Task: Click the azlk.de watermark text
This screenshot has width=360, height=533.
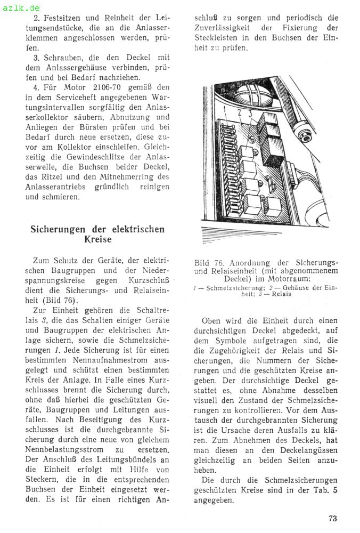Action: pyautogui.click(x=21, y=7)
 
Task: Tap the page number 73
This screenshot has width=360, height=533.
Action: pyautogui.click(x=333, y=518)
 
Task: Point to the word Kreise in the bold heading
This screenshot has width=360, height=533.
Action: pyautogui.click(x=98, y=240)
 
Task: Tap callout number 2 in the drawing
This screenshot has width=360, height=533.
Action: pyautogui.click(x=240, y=113)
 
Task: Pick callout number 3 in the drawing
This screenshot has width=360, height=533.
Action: pyautogui.click(x=249, y=113)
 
